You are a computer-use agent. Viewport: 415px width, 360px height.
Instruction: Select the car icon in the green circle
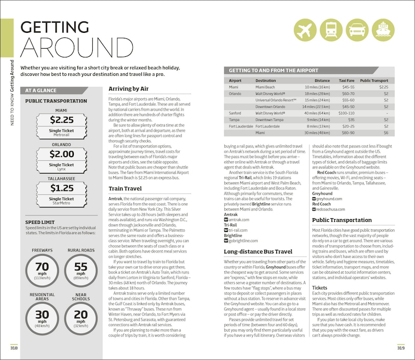click(x=357, y=31)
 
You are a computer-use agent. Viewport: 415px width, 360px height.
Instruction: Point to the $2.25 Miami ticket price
click(x=61, y=120)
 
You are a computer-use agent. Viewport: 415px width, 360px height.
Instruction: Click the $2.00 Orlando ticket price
click(x=61, y=154)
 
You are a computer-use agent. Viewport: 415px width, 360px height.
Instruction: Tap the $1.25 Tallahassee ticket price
click(x=61, y=188)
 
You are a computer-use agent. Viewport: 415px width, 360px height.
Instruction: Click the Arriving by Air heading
click(x=128, y=89)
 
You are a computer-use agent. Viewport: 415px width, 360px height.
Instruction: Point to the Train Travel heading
click(x=126, y=189)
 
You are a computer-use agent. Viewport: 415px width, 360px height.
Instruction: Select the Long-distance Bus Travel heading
click(x=258, y=252)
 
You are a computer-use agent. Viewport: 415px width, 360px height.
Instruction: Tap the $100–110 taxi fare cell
click(x=346, y=113)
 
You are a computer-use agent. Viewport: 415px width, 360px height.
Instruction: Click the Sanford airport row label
click(x=236, y=113)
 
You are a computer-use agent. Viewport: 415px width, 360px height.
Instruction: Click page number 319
click(x=401, y=348)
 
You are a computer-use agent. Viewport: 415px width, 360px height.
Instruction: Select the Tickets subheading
click(x=320, y=288)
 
